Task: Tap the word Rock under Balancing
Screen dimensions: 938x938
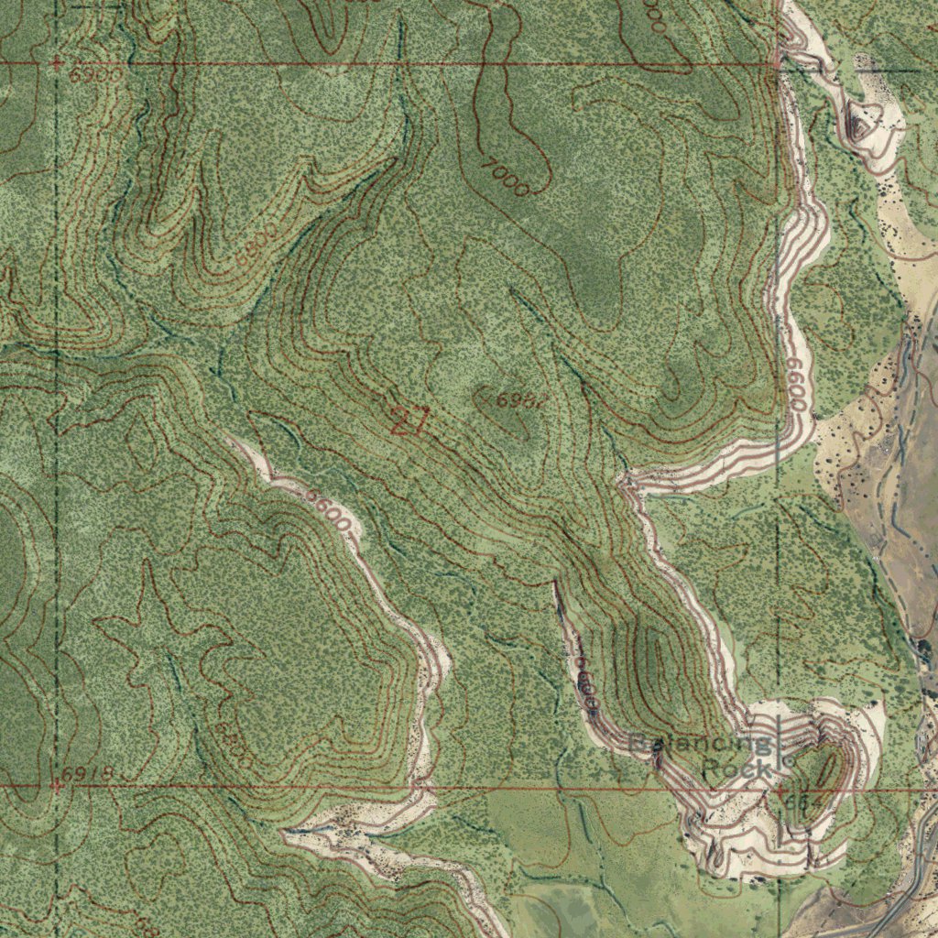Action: point(737,769)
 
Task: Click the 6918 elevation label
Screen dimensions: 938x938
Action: point(89,774)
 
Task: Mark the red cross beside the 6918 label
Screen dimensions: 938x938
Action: point(57,785)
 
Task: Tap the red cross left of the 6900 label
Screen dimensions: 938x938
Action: point(57,63)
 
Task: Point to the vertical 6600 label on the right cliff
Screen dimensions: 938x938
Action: point(796,385)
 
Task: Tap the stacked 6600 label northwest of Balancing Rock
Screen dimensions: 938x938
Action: point(586,687)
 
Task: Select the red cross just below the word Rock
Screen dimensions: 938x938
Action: point(780,789)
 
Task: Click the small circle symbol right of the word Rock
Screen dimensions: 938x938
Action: point(789,760)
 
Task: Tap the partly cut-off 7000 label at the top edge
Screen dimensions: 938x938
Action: point(654,16)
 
